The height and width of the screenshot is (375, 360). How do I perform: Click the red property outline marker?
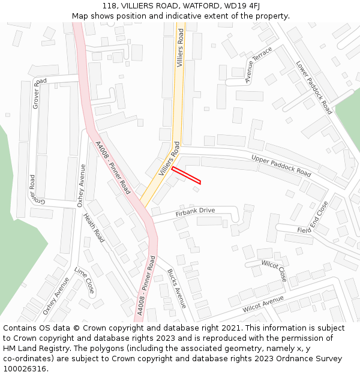[x=186, y=175]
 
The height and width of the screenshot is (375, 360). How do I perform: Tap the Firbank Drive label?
[x=195, y=211]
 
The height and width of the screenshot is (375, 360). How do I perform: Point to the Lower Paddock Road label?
[x=314, y=88]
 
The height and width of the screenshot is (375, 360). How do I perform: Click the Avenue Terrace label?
[x=258, y=65]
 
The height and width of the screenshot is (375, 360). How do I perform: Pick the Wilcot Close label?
[x=274, y=271]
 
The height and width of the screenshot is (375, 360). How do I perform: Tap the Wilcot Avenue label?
[x=263, y=304]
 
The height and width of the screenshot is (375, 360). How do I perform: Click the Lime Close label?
[x=85, y=280]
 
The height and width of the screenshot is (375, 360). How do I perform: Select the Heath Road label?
[x=94, y=228]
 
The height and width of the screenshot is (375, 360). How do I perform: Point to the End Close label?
[x=319, y=216]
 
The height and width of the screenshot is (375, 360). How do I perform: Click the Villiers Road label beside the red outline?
[x=169, y=158]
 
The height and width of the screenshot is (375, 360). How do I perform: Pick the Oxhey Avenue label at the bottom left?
[x=56, y=295]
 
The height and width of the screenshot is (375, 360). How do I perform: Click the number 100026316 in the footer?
[x=25, y=369]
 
